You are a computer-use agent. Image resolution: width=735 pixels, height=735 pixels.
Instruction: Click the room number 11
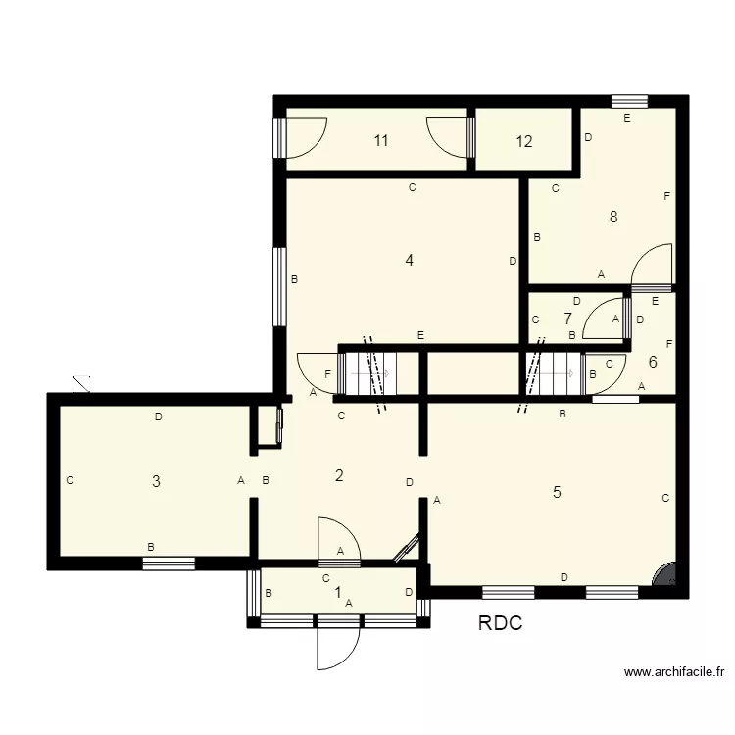click(x=381, y=141)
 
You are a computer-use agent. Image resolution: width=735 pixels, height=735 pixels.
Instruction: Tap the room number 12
click(x=524, y=141)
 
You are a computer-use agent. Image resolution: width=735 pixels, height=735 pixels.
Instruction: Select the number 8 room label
click(x=613, y=218)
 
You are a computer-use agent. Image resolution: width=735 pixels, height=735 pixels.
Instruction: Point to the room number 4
click(x=410, y=261)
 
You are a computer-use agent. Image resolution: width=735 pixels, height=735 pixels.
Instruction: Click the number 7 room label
click(x=567, y=318)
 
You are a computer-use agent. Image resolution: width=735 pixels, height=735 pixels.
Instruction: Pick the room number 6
click(x=653, y=362)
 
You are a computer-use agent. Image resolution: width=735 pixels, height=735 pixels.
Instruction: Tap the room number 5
click(x=557, y=492)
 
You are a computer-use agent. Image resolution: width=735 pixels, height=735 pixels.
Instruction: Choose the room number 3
click(x=156, y=481)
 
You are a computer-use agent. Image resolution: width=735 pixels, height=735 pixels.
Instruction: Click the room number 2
click(x=339, y=476)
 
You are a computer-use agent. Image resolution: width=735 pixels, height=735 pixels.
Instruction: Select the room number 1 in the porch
click(x=338, y=592)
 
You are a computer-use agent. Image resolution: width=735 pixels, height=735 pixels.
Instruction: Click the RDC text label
click(x=500, y=623)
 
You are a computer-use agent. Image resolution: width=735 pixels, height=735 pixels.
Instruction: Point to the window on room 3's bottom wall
click(x=168, y=563)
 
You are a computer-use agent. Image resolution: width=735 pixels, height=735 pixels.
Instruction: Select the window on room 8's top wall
click(x=629, y=100)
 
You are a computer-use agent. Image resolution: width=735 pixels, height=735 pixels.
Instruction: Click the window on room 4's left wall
click(x=279, y=286)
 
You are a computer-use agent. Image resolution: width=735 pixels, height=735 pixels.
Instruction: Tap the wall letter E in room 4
click(x=420, y=335)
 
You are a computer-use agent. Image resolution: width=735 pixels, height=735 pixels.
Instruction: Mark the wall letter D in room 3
click(x=158, y=417)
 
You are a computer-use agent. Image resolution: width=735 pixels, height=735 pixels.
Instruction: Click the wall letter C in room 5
click(x=665, y=498)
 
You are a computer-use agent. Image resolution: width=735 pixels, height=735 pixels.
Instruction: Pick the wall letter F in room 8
click(x=666, y=197)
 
